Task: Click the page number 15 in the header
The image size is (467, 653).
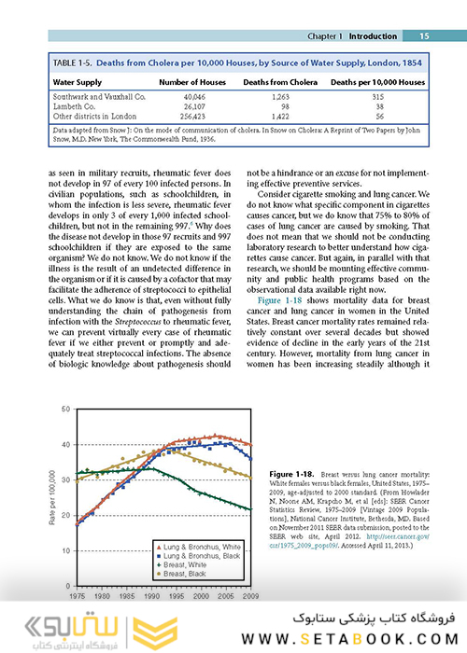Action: (x=423, y=36)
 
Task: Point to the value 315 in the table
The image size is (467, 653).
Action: (x=377, y=96)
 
